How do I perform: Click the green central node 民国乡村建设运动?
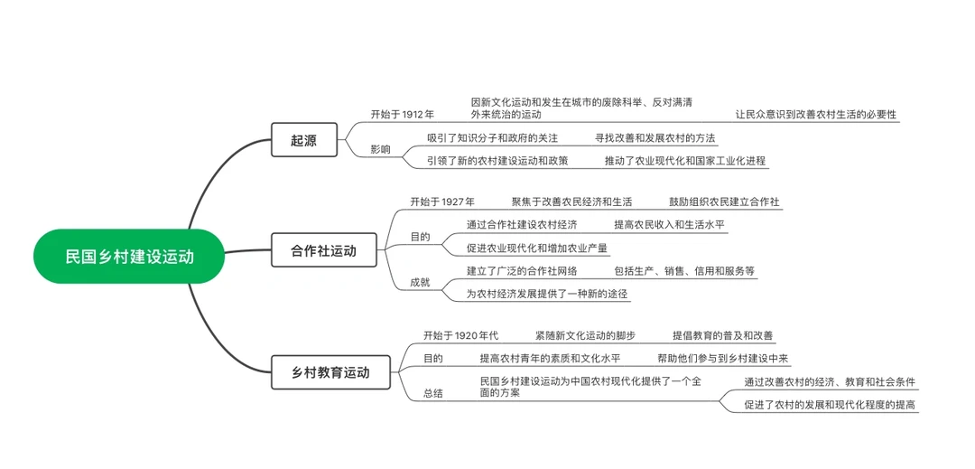click(129, 257)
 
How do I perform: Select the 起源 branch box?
click(303, 140)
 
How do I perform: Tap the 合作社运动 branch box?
click(323, 250)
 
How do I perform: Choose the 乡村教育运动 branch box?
click(331, 371)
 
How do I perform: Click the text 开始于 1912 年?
click(402, 115)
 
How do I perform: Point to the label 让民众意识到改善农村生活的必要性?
click(816, 115)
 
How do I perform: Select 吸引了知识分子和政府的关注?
click(493, 138)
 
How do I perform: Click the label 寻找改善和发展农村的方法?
click(655, 138)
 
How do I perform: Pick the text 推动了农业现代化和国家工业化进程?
click(685, 161)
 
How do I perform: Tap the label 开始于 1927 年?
click(442, 202)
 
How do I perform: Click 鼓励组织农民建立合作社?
click(724, 202)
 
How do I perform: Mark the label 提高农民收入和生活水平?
click(669, 224)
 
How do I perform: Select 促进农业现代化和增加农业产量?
click(537, 248)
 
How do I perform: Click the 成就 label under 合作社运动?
click(420, 282)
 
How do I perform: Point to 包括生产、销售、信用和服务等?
click(684, 270)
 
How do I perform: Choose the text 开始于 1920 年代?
click(460, 335)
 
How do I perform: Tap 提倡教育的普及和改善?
click(722, 335)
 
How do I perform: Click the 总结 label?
click(433, 393)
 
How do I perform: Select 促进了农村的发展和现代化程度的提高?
click(830, 405)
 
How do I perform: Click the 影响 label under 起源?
click(380, 150)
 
